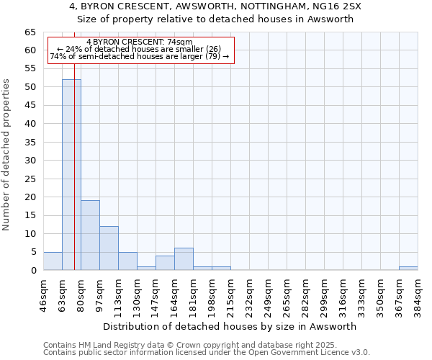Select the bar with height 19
[x=90, y=235]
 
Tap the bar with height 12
[x=109, y=248]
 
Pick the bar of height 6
[x=184, y=259]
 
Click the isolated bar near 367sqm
[x=408, y=269]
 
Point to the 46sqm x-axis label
[x=43, y=292]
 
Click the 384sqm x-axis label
[x=418, y=292]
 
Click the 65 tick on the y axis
[x=30, y=32]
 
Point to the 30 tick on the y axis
[x=30, y=160]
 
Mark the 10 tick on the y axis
[x=30, y=234]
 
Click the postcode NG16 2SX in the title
[x=343, y=6]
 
